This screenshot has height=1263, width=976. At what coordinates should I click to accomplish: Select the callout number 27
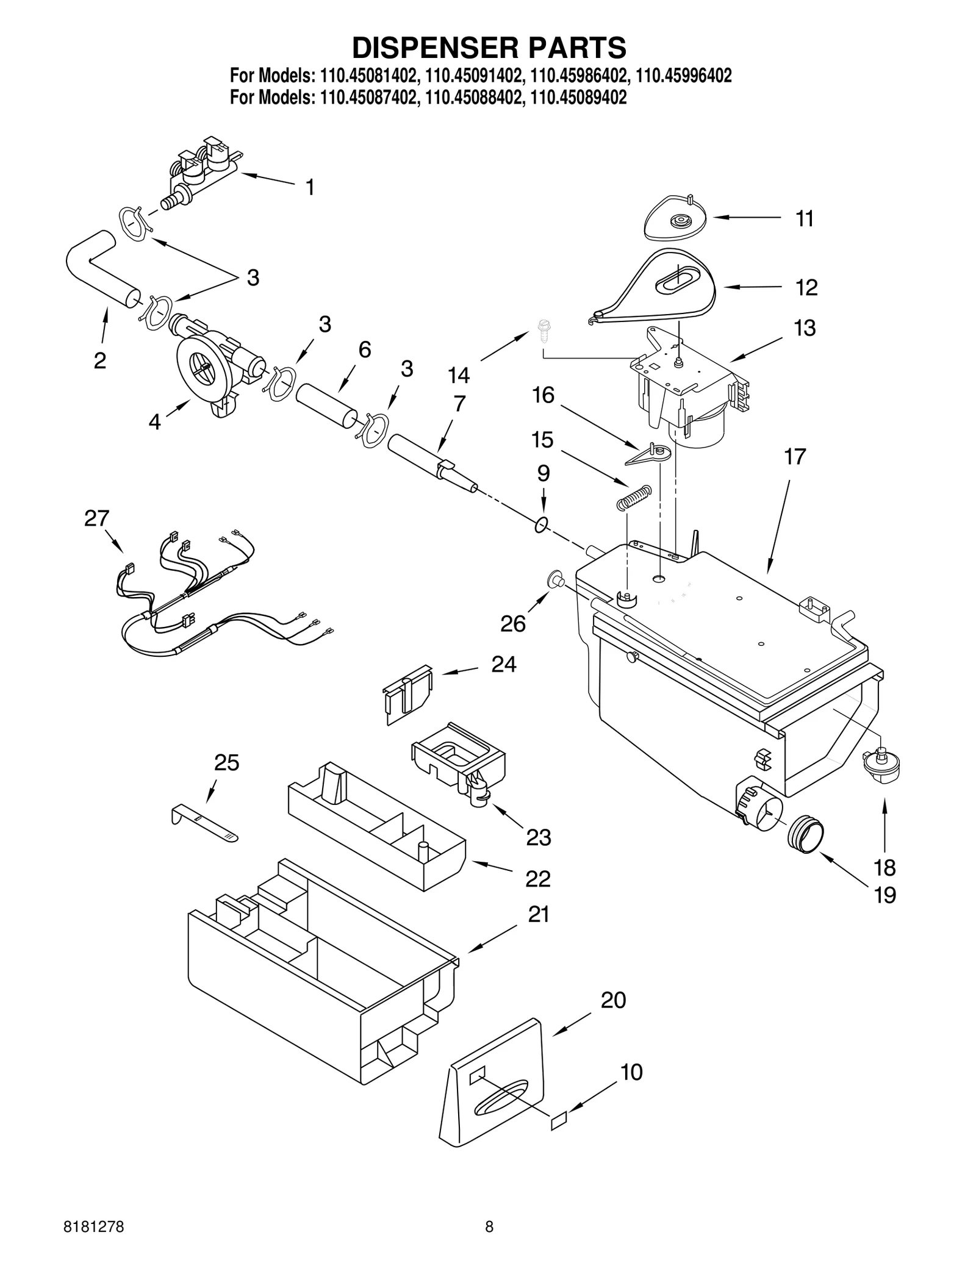click(96, 518)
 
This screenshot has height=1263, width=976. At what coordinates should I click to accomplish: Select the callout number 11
click(805, 218)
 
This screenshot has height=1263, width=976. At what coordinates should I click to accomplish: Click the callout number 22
click(538, 878)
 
